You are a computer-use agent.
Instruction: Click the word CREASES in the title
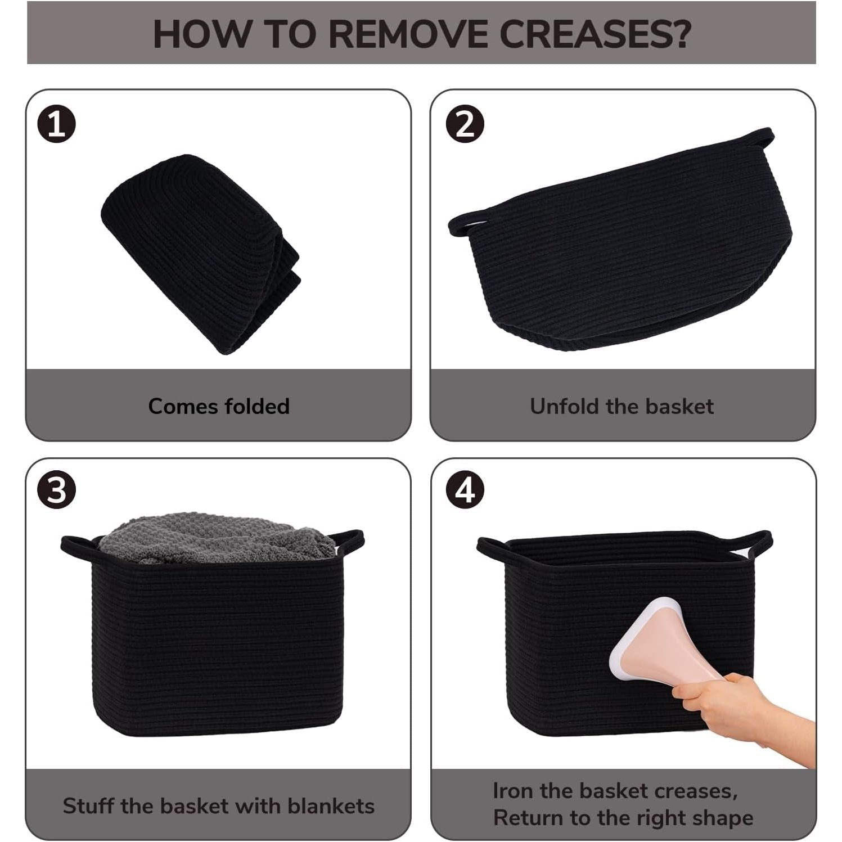pyautogui.click(x=595, y=34)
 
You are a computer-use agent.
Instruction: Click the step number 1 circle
pyautogui.click(x=56, y=125)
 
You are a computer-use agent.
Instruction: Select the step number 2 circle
pyautogui.click(x=465, y=124)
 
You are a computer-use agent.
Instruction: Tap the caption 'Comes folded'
pyautogui.click(x=219, y=406)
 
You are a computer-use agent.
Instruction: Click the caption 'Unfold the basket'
pyautogui.click(x=622, y=406)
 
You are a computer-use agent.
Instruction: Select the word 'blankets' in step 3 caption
pyautogui.click(x=331, y=805)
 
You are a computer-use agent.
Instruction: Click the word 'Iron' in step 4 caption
pyautogui.click(x=514, y=791)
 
